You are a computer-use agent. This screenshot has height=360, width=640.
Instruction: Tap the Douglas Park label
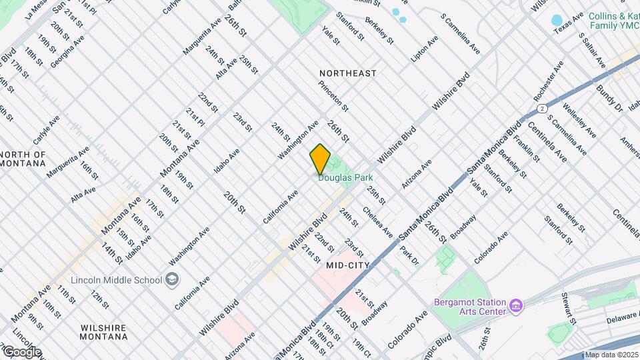point(345,178)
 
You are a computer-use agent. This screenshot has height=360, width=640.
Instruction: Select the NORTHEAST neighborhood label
point(347,73)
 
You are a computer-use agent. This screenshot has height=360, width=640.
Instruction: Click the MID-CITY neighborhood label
point(349,265)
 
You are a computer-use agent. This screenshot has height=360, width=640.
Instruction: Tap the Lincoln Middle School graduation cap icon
point(172,279)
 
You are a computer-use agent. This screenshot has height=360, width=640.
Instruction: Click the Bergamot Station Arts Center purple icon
point(515,305)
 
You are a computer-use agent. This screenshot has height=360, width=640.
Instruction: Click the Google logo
point(21,351)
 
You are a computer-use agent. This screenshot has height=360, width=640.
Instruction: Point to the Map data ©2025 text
point(611,355)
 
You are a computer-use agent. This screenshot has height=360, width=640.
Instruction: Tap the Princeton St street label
point(333,96)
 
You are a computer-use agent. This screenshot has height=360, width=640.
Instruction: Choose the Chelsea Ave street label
point(377,221)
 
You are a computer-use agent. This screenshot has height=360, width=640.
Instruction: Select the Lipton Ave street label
point(425,49)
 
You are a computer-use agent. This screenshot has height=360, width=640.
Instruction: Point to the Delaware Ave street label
point(623,318)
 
